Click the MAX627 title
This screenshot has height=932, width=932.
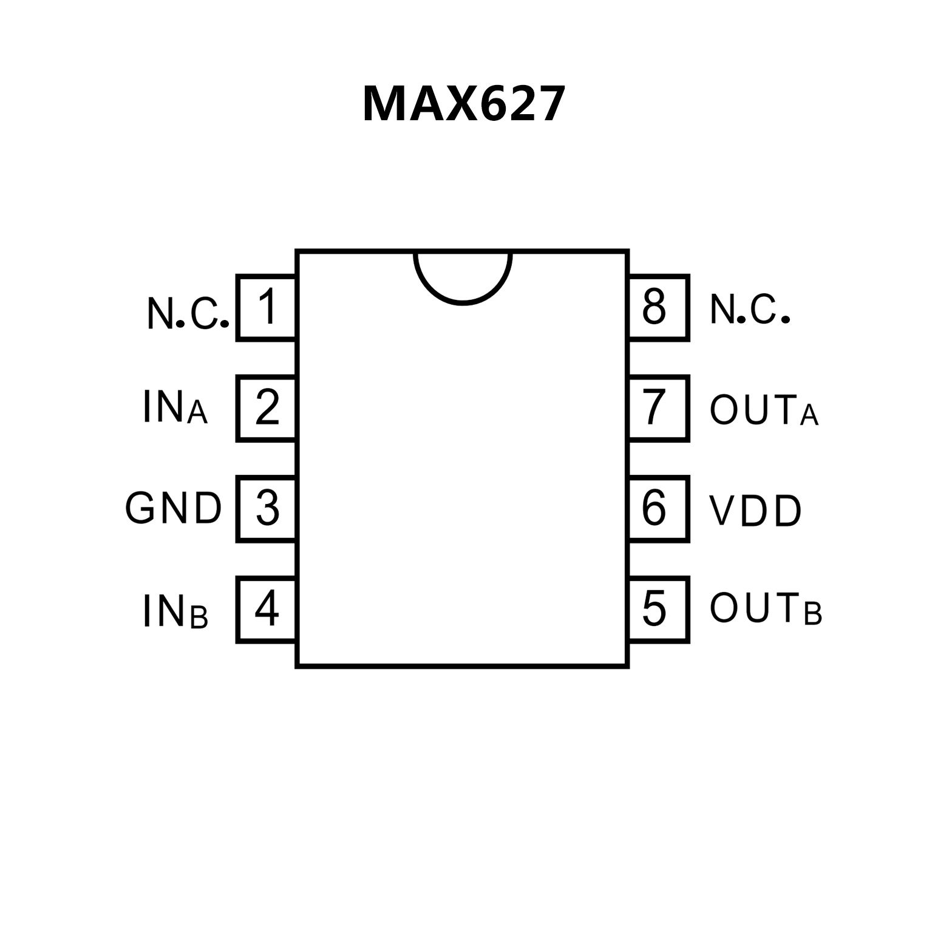(464, 104)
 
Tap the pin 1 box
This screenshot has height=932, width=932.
(267, 307)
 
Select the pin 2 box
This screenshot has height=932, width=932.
(267, 408)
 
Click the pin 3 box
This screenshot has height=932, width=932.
(267, 509)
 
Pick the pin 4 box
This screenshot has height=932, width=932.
(267, 610)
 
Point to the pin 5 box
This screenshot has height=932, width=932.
(659, 610)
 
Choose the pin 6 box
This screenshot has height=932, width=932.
(659, 509)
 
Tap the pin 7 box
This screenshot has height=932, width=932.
(659, 408)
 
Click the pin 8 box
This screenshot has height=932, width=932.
(659, 307)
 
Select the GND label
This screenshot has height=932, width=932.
(174, 509)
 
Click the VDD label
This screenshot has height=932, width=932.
(755, 511)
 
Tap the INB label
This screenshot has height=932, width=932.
(175, 611)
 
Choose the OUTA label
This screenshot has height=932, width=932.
(764, 410)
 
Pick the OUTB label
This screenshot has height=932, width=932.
(765, 609)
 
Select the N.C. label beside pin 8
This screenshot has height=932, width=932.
(749, 310)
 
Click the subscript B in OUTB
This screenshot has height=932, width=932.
(813, 614)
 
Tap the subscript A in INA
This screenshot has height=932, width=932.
(197, 413)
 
